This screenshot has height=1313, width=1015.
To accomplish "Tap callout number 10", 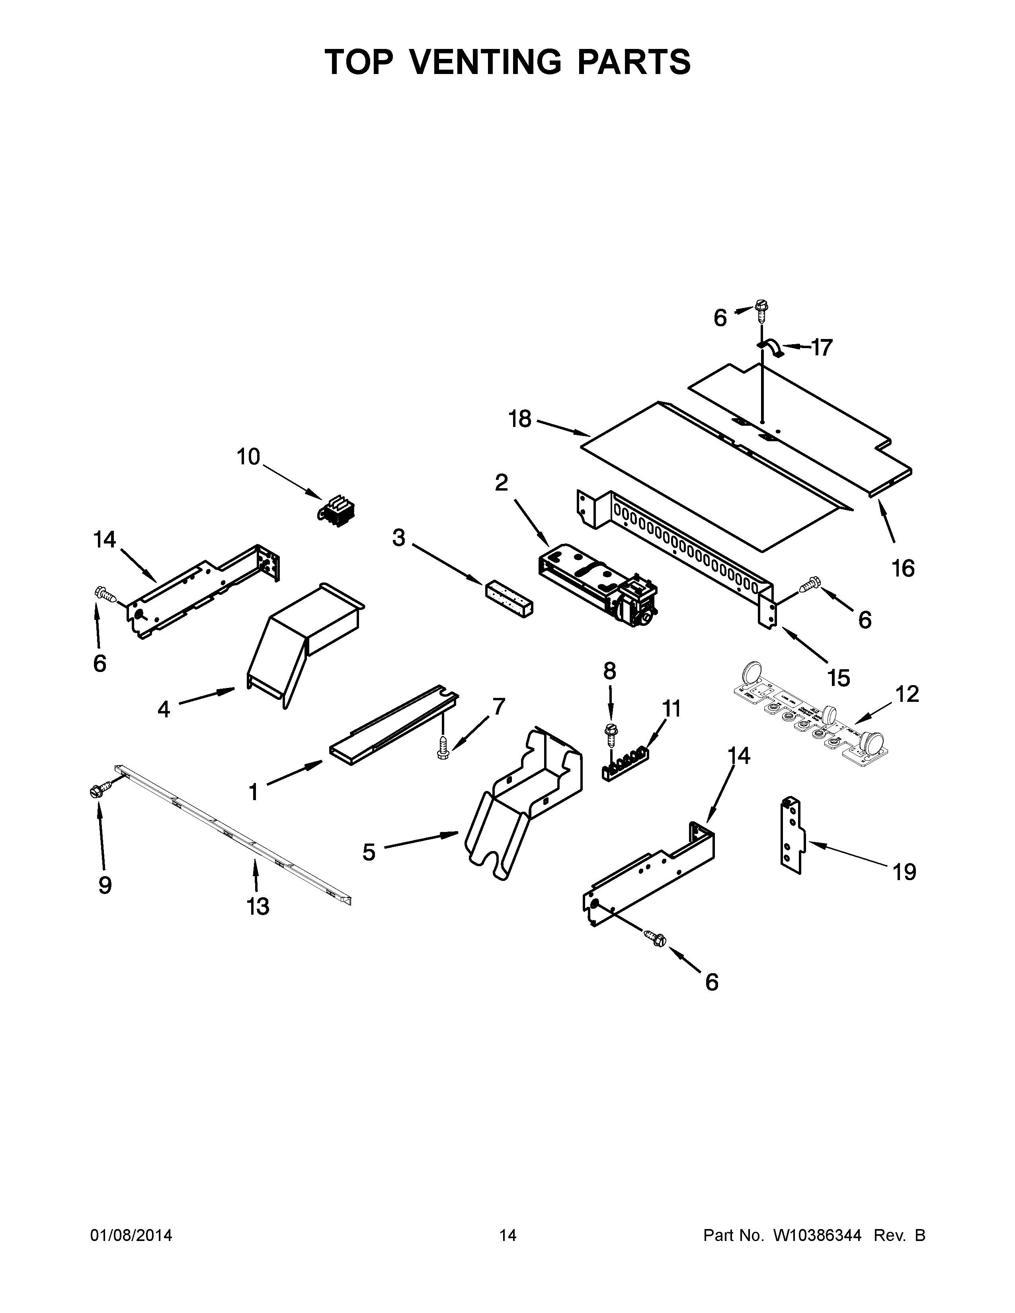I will pos(248,457).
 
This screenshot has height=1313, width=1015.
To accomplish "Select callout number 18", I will pos(520,419).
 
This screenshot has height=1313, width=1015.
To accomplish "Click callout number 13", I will pos(258,906).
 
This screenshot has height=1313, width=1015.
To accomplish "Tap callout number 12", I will pos(907,694).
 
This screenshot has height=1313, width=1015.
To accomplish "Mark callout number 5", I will pos(369,852).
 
